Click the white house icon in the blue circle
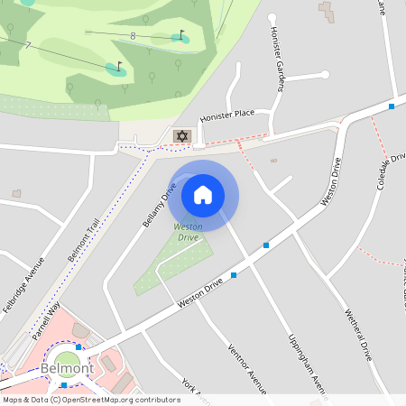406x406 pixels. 203,194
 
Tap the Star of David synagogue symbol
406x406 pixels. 182,136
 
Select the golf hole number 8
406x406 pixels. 134,36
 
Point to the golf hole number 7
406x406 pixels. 28,45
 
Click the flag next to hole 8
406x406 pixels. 181,34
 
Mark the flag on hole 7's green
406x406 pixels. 118,65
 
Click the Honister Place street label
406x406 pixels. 227,115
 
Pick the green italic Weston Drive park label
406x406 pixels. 188,232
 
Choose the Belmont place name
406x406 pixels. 67,369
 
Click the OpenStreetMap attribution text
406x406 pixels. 92,400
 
